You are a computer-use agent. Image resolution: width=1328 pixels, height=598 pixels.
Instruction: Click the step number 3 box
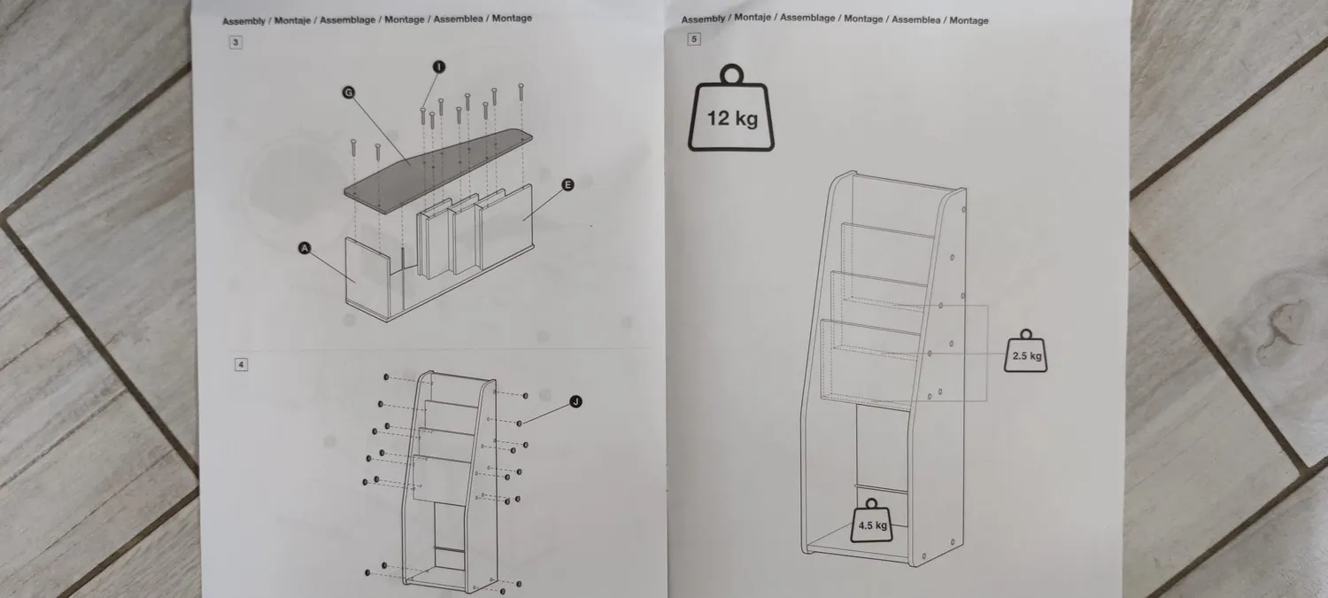[x=235, y=43]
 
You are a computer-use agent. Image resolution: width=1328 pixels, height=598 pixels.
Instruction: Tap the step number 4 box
[x=241, y=364]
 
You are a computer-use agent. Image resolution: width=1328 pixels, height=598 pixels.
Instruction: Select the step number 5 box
[x=693, y=39]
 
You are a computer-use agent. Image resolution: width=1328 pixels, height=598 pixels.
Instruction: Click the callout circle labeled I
[x=439, y=66]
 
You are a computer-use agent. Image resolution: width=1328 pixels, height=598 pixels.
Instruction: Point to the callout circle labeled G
[x=349, y=92]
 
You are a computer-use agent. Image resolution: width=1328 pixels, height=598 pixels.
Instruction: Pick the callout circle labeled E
[x=567, y=184]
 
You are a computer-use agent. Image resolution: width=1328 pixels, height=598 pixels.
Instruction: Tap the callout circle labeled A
[x=305, y=248]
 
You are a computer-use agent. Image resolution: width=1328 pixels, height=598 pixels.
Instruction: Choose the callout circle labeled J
[x=575, y=401]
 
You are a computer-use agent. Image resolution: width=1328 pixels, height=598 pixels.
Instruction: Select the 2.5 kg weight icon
[x=1026, y=351]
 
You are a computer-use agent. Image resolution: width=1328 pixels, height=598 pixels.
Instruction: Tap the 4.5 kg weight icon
[x=872, y=521]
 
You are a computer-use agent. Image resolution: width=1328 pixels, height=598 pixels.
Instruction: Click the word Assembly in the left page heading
[x=243, y=20]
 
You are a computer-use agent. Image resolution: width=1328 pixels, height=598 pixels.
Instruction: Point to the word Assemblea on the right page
[x=916, y=19]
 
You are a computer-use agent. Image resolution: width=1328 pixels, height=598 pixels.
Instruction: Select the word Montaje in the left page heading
[x=292, y=20]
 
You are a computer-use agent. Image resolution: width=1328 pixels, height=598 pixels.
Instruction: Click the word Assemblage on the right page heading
[x=807, y=18]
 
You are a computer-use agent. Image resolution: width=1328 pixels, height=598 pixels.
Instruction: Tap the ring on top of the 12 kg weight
[x=731, y=74]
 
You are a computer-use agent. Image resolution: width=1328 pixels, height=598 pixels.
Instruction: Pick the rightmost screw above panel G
[x=521, y=92]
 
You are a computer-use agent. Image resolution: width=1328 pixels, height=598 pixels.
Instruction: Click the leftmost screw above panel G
[x=353, y=148]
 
